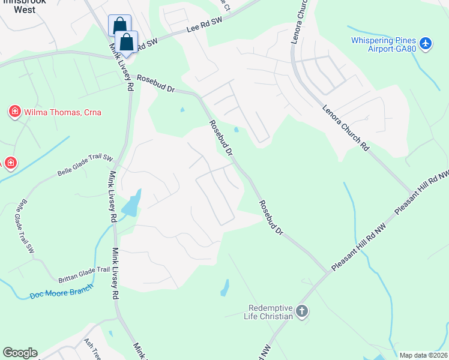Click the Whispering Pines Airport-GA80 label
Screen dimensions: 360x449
[384, 45]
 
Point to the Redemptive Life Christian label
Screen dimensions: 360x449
[270, 312]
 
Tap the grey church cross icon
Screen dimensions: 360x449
[301, 312]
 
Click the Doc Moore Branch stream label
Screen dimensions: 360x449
[62, 292]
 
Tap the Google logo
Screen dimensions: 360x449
[20, 353]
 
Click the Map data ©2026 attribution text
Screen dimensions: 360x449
[424, 355]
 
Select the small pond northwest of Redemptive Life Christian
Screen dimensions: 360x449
[224, 289]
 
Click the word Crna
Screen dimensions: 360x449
[89, 112]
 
